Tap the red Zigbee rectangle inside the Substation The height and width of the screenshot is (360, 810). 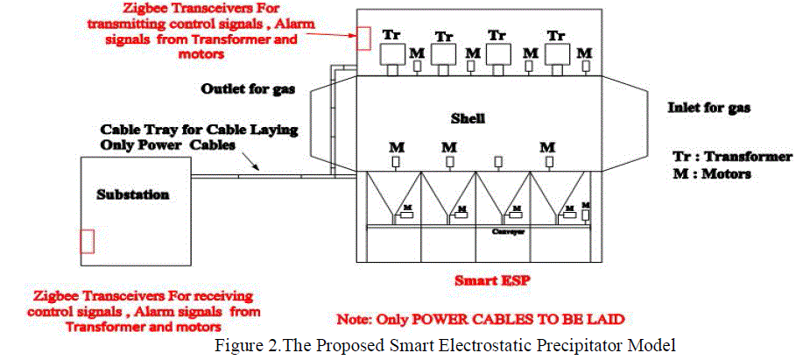point(87,240)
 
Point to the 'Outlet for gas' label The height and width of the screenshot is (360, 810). point(248,89)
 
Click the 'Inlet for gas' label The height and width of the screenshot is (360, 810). point(709,109)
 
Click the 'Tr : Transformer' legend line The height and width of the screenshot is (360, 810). point(732,157)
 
